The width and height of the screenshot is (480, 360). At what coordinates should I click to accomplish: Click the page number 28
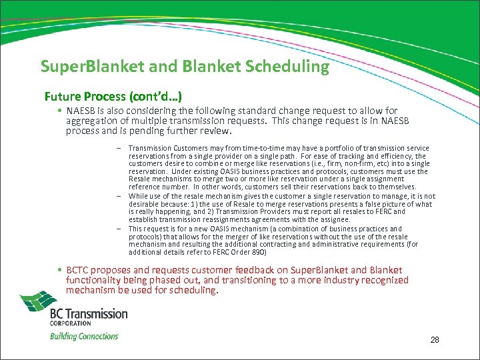coord(435,340)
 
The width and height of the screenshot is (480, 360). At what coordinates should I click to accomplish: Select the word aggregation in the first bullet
coord(91,121)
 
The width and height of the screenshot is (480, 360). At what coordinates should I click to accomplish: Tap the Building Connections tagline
coord(84,336)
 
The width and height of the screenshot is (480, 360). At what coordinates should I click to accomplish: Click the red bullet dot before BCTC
coord(60,270)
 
